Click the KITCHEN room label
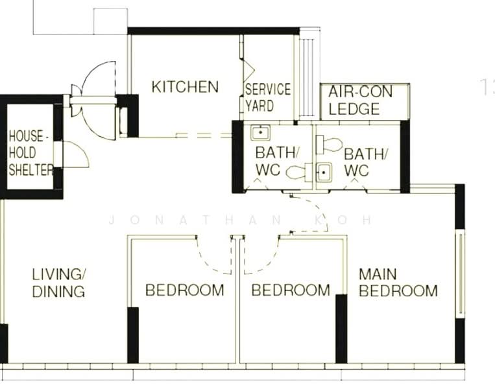(x=185, y=87)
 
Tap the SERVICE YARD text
(x=267, y=97)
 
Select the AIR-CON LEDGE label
(x=360, y=100)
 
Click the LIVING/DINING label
(x=58, y=282)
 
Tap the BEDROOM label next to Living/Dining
(x=184, y=290)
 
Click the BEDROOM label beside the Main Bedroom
(x=291, y=290)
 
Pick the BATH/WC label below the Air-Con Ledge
(x=366, y=162)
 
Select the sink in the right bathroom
(x=324, y=172)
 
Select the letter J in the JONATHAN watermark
(x=112, y=220)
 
